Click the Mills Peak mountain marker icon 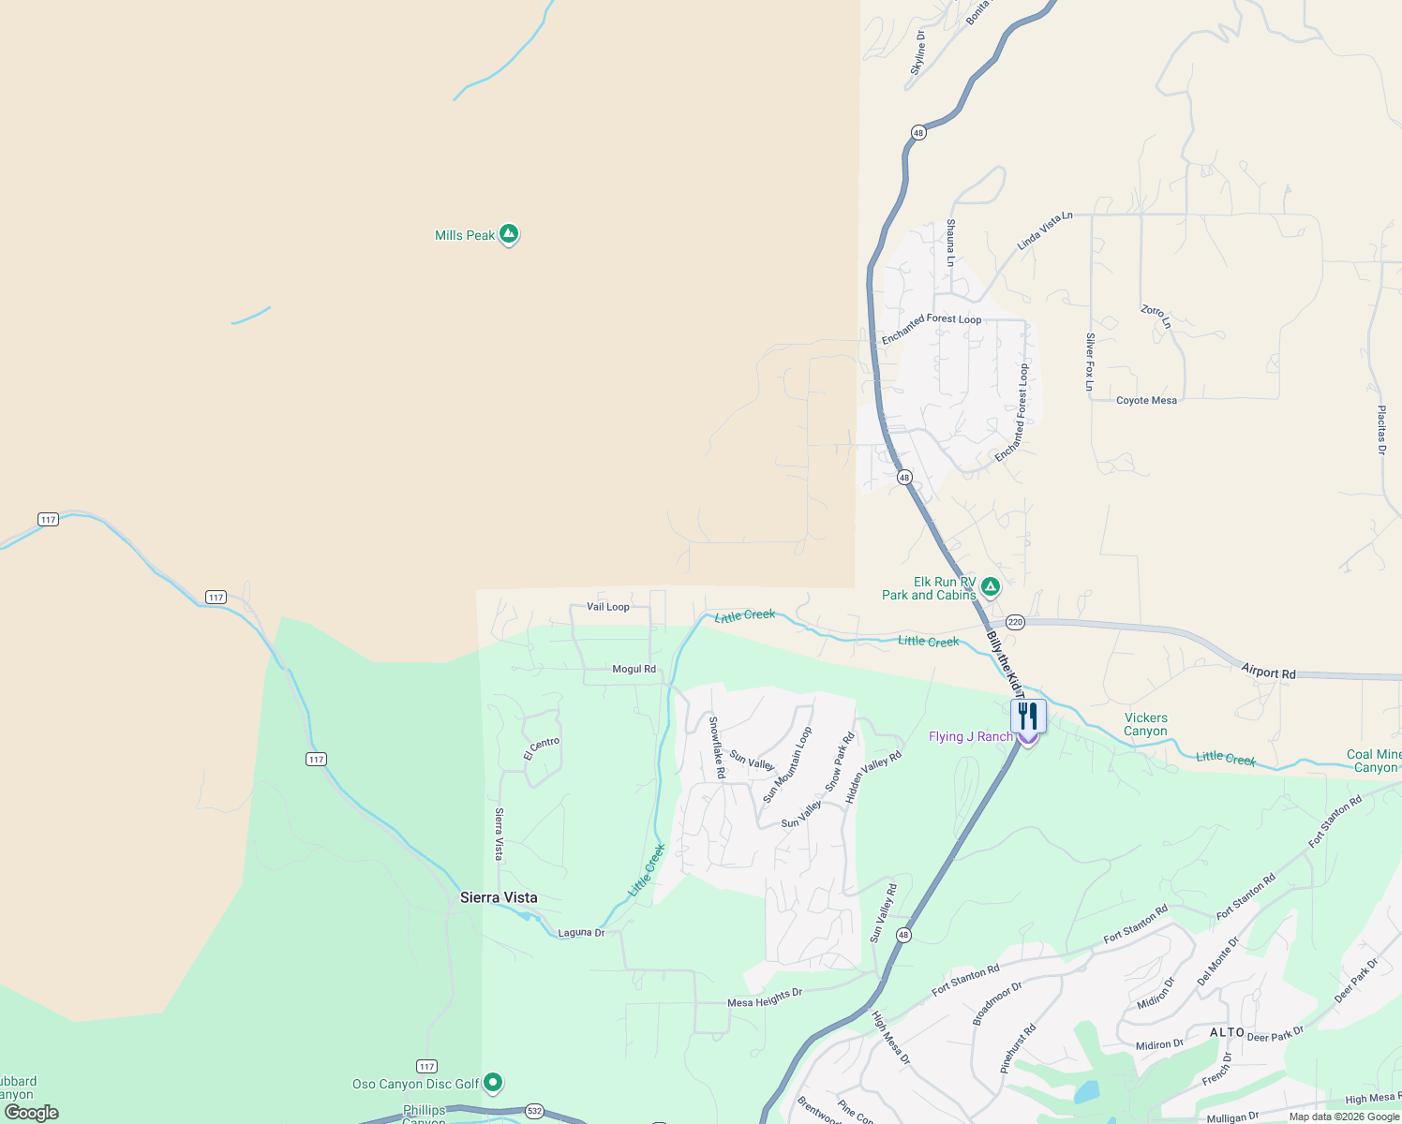pos(509,233)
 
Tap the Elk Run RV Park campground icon pos(991,587)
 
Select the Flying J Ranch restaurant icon pos(1028,717)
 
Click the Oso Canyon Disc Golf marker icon pos(493,1083)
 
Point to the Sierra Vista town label pos(499,897)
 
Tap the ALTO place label pos(1227,1032)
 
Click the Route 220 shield pos(1016,622)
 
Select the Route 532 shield pos(534,1111)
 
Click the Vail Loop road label pos(608,607)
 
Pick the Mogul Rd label pos(634,669)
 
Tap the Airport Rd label pos(1268,672)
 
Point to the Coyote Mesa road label pos(1146,400)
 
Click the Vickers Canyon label pos(1145,724)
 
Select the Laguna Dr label pos(581,933)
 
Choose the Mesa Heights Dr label pos(765,998)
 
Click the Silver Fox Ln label pos(1090,362)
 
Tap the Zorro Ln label pos(1156,316)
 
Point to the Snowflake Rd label pos(717,747)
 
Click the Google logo pos(32,1113)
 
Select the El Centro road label pos(542,748)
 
